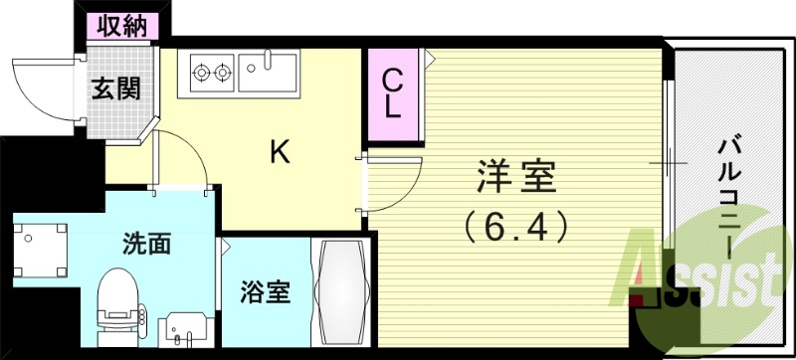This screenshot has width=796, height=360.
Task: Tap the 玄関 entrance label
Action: (x=117, y=90)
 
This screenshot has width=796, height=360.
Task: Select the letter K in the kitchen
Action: (x=281, y=152)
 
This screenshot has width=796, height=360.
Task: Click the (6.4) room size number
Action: (x=515, y=228)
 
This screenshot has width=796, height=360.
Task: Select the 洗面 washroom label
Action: (x=147, y=243)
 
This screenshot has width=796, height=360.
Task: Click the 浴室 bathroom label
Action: (x=266, y=293)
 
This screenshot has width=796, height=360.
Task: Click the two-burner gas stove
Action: (x=212, y=72)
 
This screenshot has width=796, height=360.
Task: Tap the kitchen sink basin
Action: (x=270, y=70)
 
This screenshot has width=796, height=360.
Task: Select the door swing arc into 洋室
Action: (x=394, y=184)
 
